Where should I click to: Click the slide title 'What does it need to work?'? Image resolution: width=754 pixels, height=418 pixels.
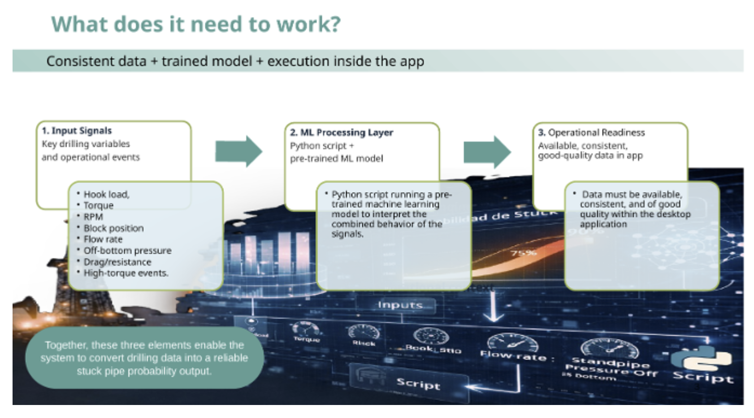click(196, 24)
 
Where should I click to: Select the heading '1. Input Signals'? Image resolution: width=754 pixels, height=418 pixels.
click(77, 131)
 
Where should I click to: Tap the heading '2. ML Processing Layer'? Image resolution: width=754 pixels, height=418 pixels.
click(341, 133)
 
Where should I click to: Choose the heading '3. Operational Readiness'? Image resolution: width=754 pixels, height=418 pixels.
click(591, 133)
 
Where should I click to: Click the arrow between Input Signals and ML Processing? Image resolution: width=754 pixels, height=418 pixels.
click(238, 152)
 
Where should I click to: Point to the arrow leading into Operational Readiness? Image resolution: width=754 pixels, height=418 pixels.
click(487, 152)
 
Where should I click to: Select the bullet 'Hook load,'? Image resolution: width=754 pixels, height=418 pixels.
click(106, 195)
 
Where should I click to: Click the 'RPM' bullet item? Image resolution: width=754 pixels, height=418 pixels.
click(93, 217)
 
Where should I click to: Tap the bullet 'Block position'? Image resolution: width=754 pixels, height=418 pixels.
click(113, 228)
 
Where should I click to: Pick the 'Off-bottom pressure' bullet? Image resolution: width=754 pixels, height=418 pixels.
click(127, 251)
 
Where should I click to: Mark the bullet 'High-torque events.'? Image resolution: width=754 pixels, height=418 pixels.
click(126, 273)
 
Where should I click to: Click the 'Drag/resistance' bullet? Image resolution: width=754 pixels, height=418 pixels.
click(117, 262)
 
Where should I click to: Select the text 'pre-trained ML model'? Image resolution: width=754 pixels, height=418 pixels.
click(336, 159)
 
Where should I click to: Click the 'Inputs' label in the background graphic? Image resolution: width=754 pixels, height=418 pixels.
click(400, 305)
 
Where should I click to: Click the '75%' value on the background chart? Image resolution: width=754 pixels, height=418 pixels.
click(524, 253)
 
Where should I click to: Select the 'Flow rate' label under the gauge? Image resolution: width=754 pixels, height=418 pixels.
click(514, 357)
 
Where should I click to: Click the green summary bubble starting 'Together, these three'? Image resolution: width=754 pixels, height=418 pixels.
click(144, 358)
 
